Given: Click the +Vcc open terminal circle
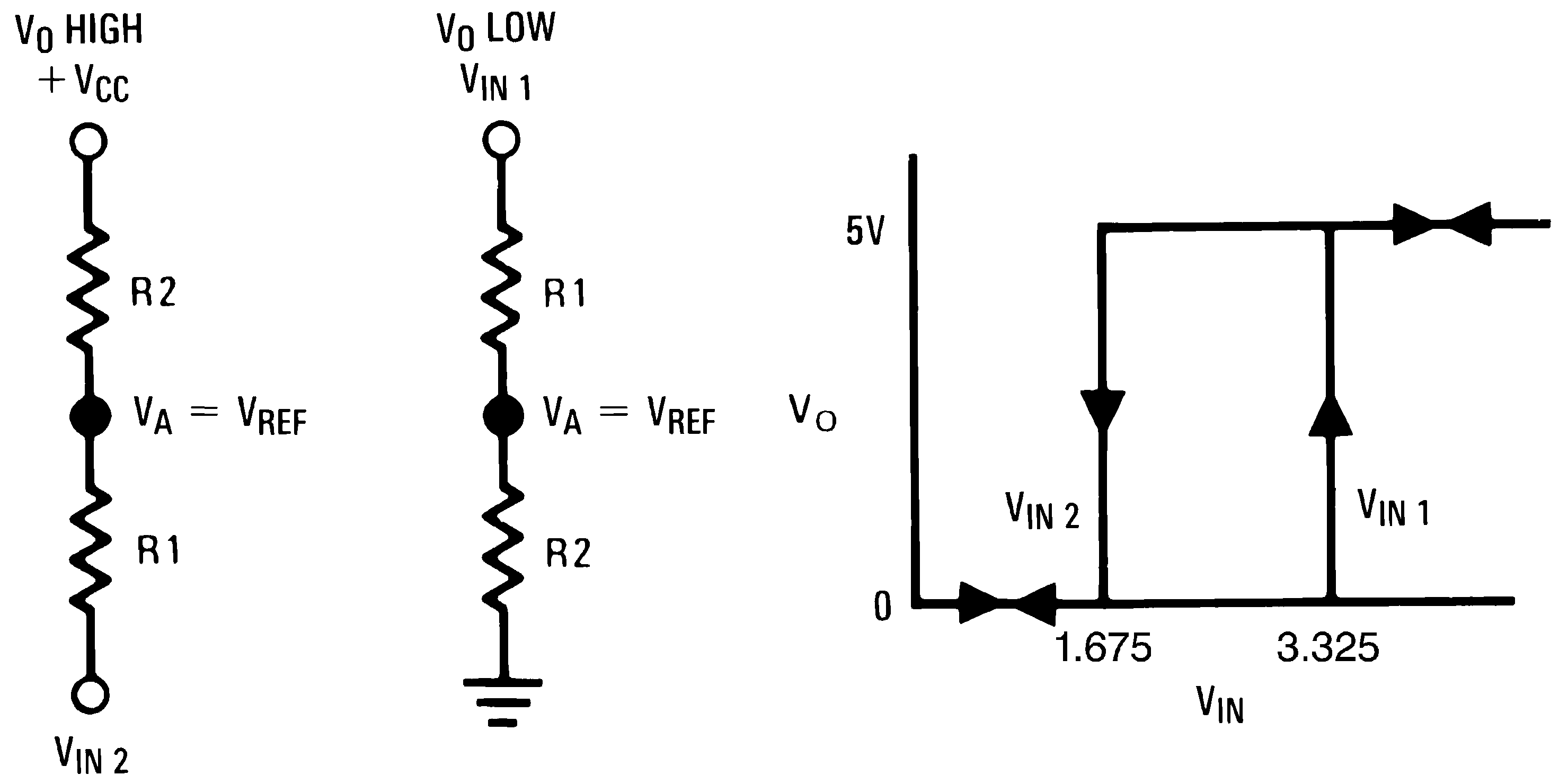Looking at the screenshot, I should pos(88,141).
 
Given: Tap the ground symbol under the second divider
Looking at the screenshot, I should pos(502,702).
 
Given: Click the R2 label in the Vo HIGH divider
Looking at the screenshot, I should pos(153,292).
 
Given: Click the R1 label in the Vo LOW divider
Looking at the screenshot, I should pos(564,294).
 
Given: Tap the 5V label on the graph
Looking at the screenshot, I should pos(865,231).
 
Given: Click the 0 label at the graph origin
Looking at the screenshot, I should pos(882,606).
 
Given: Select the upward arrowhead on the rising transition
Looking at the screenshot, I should pos(1330,416).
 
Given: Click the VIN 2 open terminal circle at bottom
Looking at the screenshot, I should pos(90,694).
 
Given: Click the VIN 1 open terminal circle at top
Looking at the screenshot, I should pos(501,140).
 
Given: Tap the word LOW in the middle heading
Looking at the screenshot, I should pos(520,28).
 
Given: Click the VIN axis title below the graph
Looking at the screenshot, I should pos(1219,706).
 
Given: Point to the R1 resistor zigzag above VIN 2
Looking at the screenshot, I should pos(90,547).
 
